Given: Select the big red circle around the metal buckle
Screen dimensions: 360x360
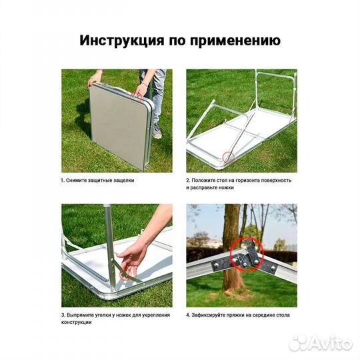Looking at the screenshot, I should (245, 255).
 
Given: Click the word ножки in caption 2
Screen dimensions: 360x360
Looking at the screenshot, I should (229, 188).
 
